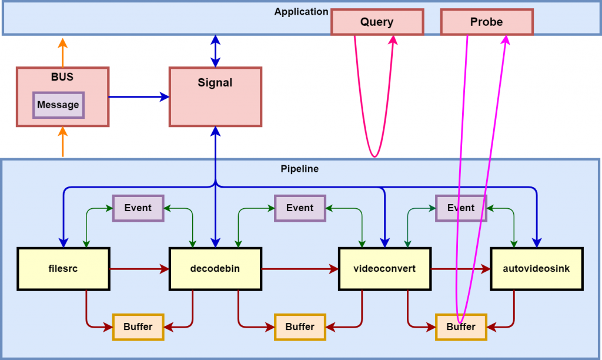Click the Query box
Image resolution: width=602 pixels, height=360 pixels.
377,22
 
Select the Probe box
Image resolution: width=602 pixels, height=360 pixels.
486,22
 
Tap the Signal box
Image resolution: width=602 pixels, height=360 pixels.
215,96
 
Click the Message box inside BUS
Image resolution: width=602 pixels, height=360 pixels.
58,105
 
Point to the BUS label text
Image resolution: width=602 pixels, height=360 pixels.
62,77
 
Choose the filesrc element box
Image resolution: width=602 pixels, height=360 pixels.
63,269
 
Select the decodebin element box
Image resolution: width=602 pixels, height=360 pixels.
215,269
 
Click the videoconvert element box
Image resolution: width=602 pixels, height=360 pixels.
384,269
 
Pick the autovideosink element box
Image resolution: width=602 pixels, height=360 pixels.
536,269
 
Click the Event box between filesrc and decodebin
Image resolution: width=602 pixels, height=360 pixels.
138,208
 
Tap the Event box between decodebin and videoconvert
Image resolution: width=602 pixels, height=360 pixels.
300,208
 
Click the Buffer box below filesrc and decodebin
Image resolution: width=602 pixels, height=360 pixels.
138,326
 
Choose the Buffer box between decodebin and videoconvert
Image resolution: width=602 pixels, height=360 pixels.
300,326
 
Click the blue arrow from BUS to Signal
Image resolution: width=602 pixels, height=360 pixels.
139,96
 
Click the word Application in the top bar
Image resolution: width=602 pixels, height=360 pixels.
301,12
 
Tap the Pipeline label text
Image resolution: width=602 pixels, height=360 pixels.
300,169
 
